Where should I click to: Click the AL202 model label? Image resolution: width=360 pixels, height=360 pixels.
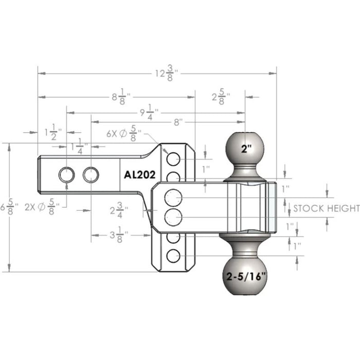139,175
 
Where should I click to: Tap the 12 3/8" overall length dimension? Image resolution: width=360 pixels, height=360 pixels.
167,73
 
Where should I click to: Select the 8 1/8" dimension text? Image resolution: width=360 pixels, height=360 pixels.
121,97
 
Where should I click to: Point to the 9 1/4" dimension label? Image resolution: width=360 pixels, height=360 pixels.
150,112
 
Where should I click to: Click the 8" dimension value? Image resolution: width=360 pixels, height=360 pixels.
176,122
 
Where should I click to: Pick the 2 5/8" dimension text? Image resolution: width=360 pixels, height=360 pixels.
221,97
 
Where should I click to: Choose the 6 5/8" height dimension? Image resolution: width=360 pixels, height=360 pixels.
9,207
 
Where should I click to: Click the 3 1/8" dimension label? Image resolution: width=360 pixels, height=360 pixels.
119,235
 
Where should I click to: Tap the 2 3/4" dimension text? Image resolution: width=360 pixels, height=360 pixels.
119,210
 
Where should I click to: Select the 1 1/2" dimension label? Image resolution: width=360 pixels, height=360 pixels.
53,132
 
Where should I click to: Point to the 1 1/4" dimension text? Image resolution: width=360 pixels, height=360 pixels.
79,147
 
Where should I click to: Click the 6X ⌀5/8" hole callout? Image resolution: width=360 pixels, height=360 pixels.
124,133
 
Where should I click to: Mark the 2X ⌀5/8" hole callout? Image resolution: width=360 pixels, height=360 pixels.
42,207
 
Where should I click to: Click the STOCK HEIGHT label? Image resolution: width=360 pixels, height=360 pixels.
327,208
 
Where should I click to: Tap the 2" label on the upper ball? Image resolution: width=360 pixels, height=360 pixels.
246,149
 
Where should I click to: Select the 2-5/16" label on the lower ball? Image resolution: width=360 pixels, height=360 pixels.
246,277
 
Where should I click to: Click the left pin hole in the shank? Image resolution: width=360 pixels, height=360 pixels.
66,175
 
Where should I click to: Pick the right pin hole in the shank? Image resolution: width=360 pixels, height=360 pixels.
91,175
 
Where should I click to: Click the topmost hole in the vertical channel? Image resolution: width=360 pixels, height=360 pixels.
173,159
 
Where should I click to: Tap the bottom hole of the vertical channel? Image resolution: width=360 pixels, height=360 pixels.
173,256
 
